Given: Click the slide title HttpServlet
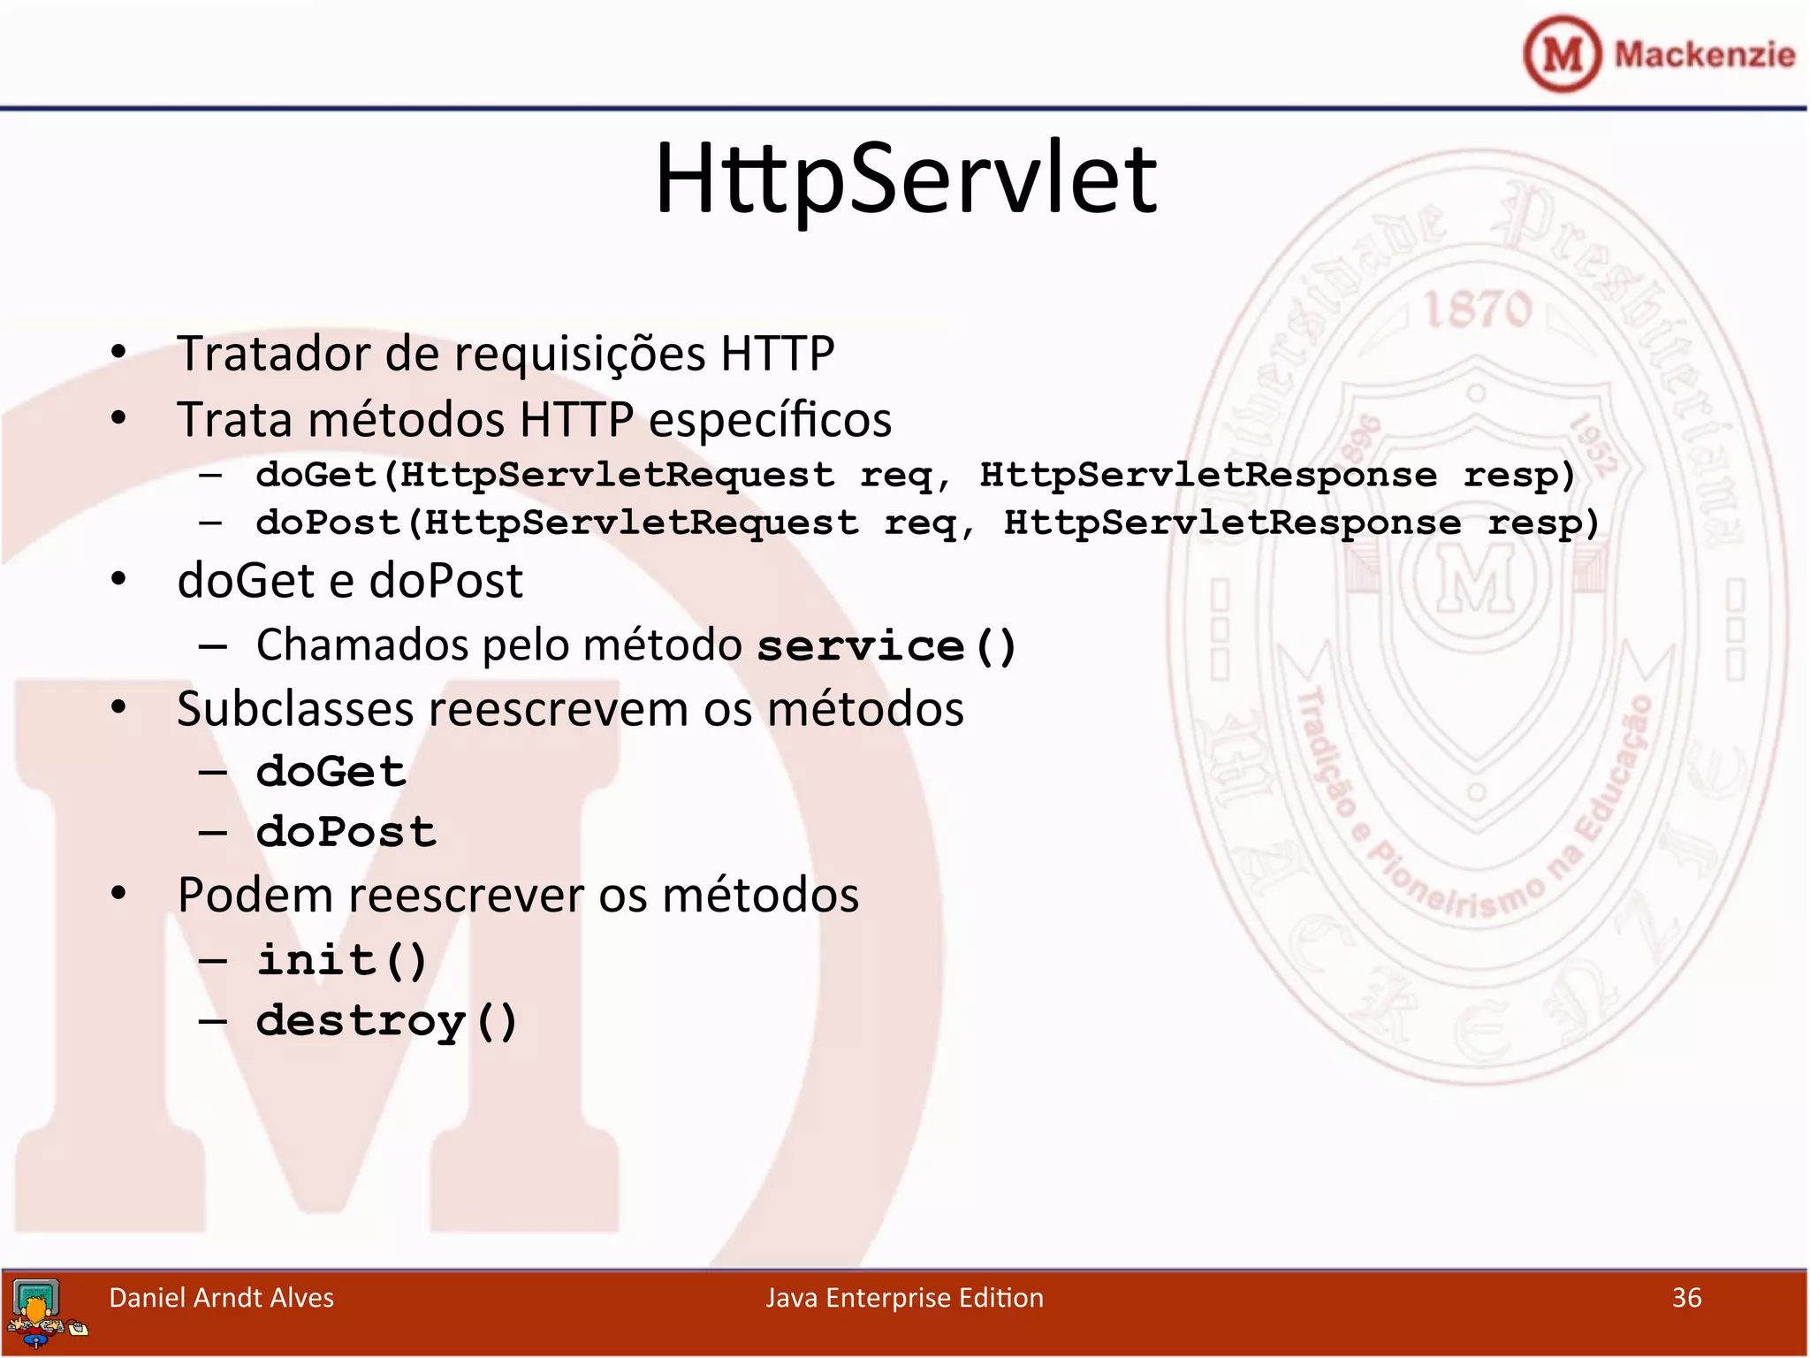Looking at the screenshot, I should pos(905,179).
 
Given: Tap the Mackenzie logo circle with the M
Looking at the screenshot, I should pos(1562,54).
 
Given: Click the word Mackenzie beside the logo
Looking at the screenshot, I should pos(1705,55).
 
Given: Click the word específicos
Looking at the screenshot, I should pos(770,420).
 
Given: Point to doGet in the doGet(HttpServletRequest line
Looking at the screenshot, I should pos(316,476).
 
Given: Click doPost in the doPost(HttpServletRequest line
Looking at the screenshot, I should pos(327,523).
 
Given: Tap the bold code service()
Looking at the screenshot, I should pos(886,646).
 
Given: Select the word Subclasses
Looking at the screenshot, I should pos(294,709).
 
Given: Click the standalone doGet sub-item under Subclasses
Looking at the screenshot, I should pos(331,772).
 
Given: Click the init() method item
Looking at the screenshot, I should pos(342,960).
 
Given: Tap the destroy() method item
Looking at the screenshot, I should pos(386,1022).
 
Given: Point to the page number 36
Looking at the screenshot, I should pos(1686,1298).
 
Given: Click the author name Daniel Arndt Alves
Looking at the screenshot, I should pos(221,1298).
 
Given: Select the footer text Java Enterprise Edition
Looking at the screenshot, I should pos(904,1298).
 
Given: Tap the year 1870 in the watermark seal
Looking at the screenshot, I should pos(1476,309).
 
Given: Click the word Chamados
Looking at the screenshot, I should pos(362,645).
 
